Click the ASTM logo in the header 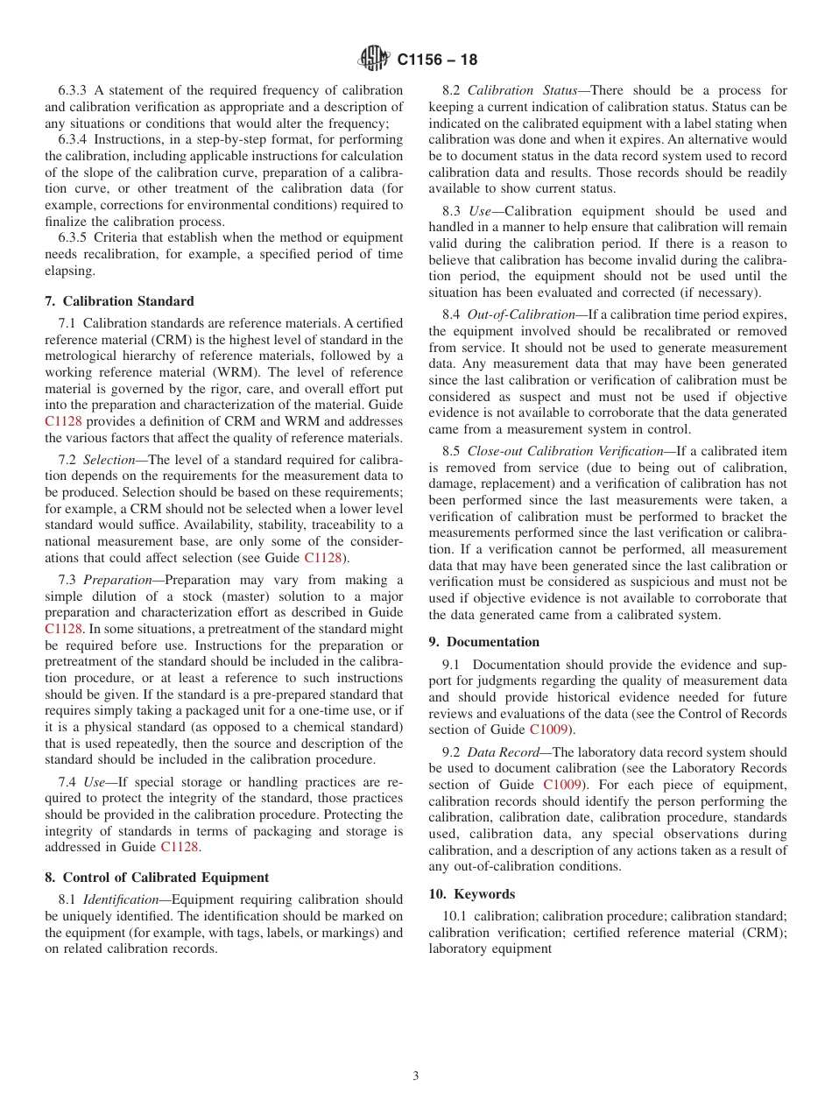[x=374, y=60]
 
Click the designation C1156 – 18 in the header [x=437, y=60]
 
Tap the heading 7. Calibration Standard [x=119, y=300]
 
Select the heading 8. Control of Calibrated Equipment [x=156, y=877]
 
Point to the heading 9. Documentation [x=483, y=641]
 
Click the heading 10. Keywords [x=471, y=893]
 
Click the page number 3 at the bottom [x=416, y=1075]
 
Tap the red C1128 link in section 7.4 [x=180, y=847]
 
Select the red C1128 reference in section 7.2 [x=322, y=558]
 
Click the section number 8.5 [x=452, y=451]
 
